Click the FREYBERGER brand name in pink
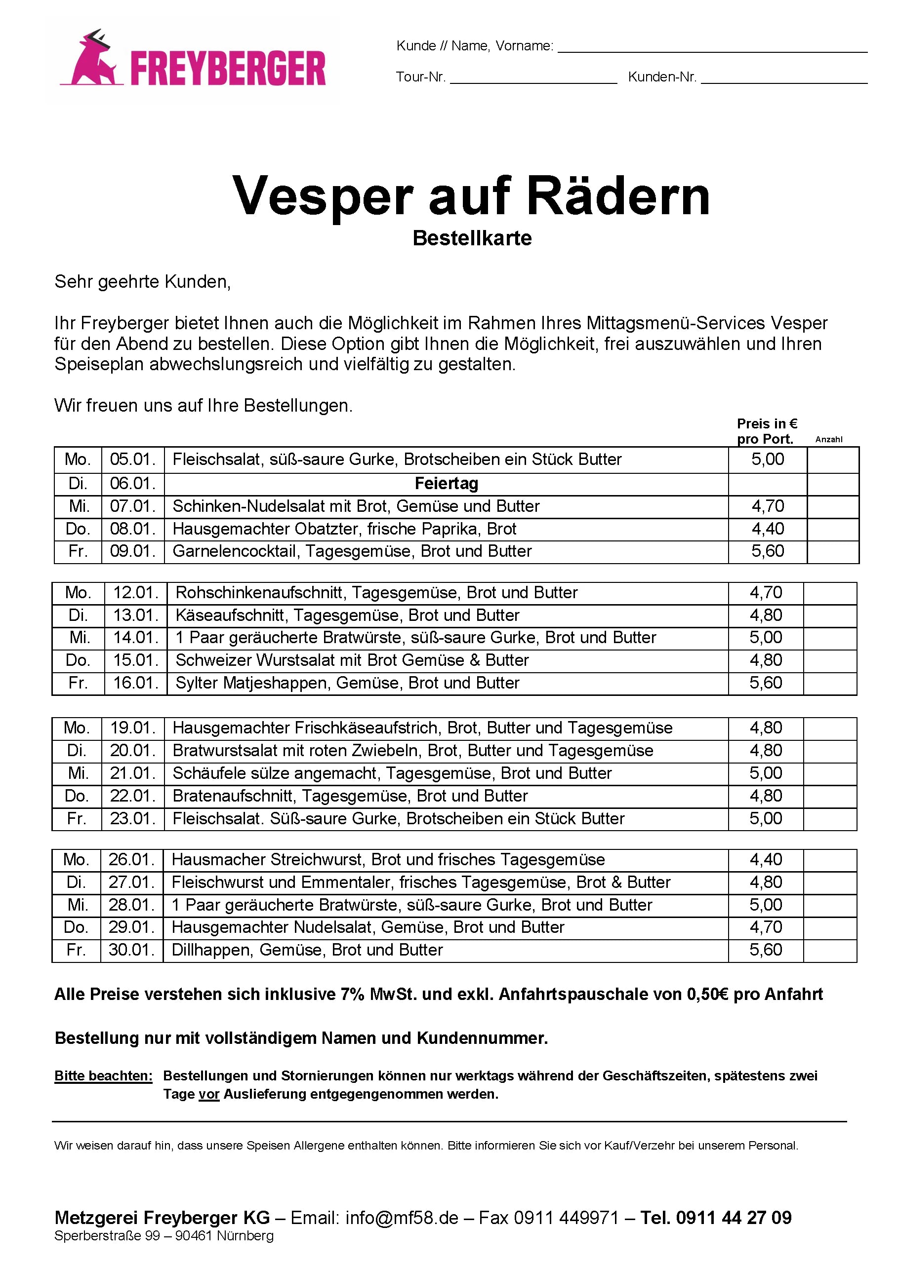(228, 69)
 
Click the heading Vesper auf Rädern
(471, 196)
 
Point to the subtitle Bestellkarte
(472, 238)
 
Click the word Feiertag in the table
(446, 484)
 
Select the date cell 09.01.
(133, 551)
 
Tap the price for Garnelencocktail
(767, 551)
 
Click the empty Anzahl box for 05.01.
(833, 460)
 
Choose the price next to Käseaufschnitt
(766, 615)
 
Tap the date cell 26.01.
(131, 860)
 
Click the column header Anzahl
(829, 440)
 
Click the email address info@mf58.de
(402, 1218)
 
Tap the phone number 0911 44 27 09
(734, 1218)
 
